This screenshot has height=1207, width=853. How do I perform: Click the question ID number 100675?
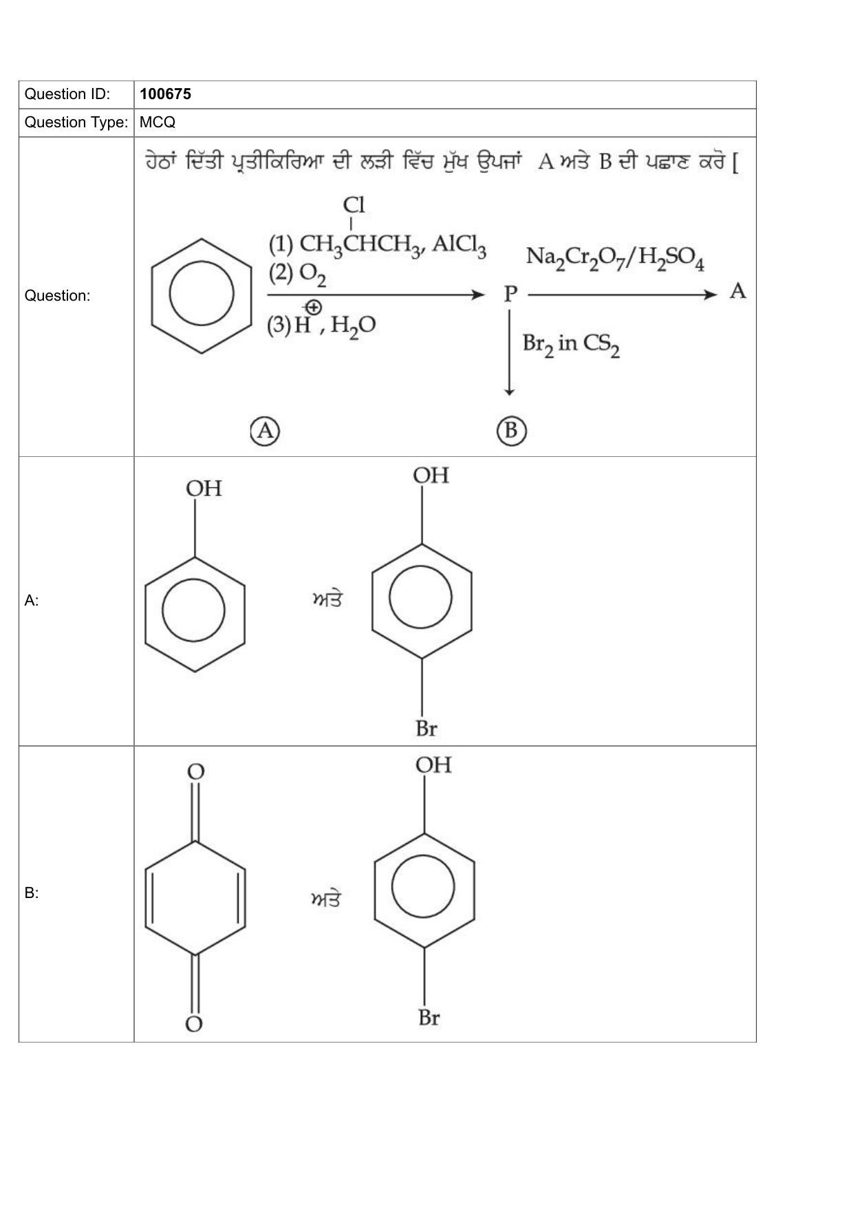(165, 94)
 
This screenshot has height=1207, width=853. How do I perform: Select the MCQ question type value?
(158, 122)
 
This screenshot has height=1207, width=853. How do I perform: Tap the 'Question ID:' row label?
(67, 94)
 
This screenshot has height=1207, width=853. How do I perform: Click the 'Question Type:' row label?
(76, 122)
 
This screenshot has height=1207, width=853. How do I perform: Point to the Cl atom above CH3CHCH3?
(354, 205)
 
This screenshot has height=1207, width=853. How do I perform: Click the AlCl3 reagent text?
(459, 246)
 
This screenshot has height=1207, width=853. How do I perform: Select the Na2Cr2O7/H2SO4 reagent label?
(615, 258)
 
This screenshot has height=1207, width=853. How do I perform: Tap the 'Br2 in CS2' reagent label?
(571, 344)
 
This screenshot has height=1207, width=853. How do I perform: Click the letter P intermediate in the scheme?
(510, 294)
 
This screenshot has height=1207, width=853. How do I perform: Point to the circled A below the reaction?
(265, 431)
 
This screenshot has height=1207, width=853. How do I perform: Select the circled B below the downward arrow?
(510, 431)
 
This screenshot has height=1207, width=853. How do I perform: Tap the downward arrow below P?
(509, 352)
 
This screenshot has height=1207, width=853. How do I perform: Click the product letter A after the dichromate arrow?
(737, 292)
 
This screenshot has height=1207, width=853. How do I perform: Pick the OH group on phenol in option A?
(204, 489)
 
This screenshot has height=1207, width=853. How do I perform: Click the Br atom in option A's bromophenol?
(426, 729)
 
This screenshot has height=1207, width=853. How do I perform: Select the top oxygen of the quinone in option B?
(196, 771)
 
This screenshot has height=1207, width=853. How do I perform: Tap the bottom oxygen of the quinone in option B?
(194, 1025)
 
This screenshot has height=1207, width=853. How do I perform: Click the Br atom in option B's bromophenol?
(429, 1018)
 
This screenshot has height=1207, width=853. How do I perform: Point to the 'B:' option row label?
(32, 893)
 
